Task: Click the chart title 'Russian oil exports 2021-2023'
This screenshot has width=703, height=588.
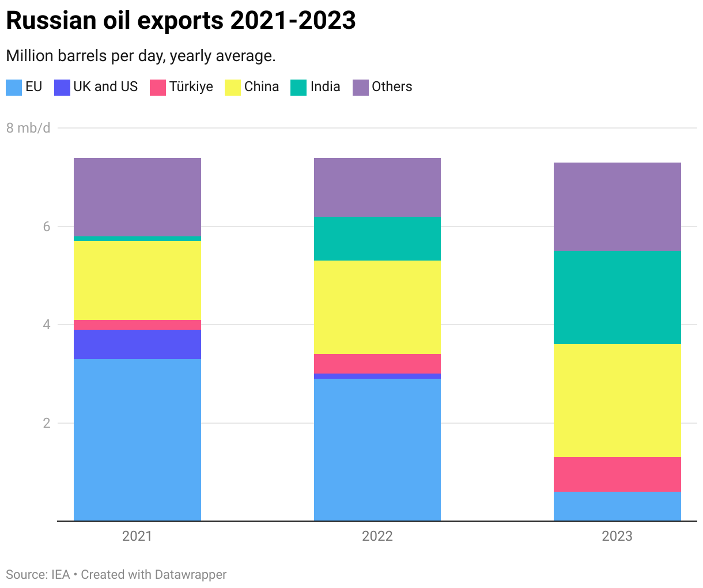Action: tap(180, 21)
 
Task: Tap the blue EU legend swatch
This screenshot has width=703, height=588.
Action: tap(14, 87)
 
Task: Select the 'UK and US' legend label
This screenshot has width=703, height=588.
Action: tap(105, 86)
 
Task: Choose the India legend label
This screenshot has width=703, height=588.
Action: tap(325, 86)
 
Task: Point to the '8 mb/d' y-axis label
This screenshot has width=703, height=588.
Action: tap(28, 128)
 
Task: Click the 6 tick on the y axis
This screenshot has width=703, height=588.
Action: tap(47, 227)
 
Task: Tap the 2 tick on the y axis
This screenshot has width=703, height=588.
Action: tap(47, 423)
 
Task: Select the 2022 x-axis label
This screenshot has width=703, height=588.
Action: tap(377, 536)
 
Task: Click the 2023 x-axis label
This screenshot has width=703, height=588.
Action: tap(617, 536)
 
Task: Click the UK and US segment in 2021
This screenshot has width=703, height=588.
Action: tap(137, 344)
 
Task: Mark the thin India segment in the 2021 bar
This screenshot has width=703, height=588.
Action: tap(137, 239)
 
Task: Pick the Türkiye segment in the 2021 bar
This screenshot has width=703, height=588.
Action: tap(137, 325)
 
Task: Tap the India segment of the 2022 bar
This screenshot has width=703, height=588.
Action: tap(377, 239)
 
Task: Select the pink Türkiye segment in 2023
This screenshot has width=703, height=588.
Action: tap(617, 474)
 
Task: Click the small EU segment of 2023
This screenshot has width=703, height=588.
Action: tap(617, 506)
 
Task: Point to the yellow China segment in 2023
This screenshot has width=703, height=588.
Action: tap(617, 401)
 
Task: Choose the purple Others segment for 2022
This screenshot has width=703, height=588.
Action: tap(377, 187)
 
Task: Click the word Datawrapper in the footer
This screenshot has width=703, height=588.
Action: tap(191, 575)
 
